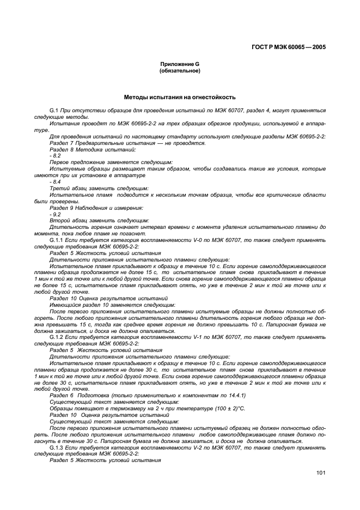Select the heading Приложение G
pos(179,65)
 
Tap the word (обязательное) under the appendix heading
pos(179,71)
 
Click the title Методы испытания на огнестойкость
pos(179,97)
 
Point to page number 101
pos(320,473)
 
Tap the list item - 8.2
pos(55,155)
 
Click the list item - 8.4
pos(55,181)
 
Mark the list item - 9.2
pos(55,214)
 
